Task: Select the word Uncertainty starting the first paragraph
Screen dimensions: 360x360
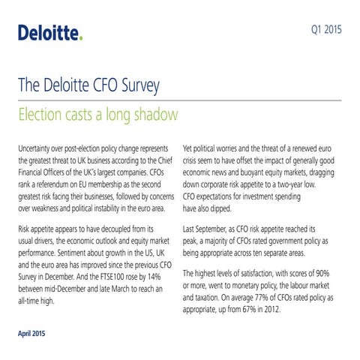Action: tap(37, 147)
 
